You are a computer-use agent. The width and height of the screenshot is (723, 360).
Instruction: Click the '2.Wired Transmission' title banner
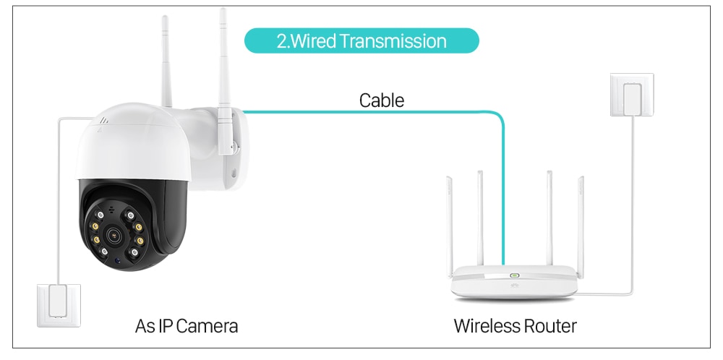(x=361, y=40)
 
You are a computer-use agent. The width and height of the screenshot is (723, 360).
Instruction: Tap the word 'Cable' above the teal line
(x=381, y=100)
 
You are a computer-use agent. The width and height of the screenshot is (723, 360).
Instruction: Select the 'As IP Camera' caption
(x=187, y=326)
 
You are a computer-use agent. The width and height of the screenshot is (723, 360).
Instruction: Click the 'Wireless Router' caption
(x=515, y=326)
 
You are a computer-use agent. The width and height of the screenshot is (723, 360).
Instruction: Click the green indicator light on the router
(x=515, y=275)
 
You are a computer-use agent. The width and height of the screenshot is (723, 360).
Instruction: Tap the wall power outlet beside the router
(x=632, y=95)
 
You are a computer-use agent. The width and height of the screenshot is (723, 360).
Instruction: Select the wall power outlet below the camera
(x=59, y=306)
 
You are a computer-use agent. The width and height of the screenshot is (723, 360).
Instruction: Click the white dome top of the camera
(x=133, y=143)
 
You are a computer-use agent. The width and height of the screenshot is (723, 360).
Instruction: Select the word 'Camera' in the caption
(x=207, y=326)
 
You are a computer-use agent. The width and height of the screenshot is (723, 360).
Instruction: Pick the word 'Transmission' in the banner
(x=393, y=41)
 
